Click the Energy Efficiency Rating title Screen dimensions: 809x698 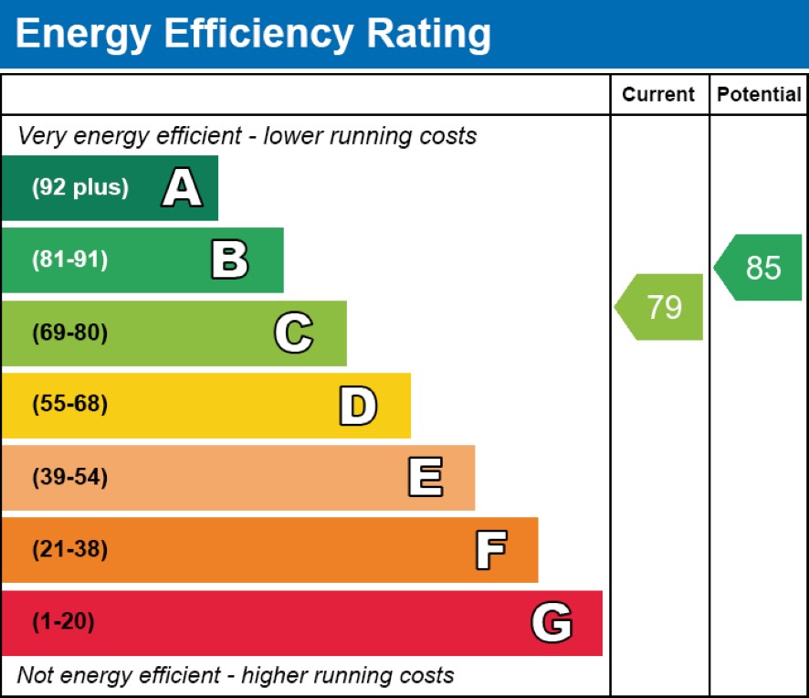pyautogui.click(x=253, y=35)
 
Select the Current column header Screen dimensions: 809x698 pyautogui.click(x=658, y=94)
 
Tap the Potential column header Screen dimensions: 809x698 pyautogui.click(x=759, y=94)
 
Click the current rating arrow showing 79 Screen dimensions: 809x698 pyautogui.click(x=659, y=307)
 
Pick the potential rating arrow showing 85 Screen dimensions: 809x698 pyautogui.click(x=758, y=268)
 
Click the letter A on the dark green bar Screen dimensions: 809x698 pyautogui.click(x=182, y=187)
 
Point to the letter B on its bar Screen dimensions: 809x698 pyautogui.click(x=230, y=259)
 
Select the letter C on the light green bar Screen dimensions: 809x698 pyautogui.click(x=294, y=333)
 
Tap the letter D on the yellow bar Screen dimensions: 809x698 pyautogui.click(x=358, y=406)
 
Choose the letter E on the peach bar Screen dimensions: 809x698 pyautogui.click(x=426, y=477)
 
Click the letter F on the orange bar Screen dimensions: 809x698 pyautogui.click(x=490, y=550)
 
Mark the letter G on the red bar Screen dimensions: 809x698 pyautogui.click(x=552, y=622)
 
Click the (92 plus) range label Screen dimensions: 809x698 pyautogui.click(x=80, y=187)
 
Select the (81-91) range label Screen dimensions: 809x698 pyautogui.click(x=70, y=259)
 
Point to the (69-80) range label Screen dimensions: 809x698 pyautogui.click(x=70, y=333)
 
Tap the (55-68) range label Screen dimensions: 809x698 pyautogui.click(x=70, y=404)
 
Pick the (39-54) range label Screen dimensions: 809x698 pyautogui.click(x=70, y=477)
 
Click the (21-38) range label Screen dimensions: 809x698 pyautogui.click(x=70, y=549)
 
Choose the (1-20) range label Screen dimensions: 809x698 pyautogui.click(x=64, y=621)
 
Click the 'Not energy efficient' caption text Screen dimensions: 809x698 pyautogui.click(x=236, y=675)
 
